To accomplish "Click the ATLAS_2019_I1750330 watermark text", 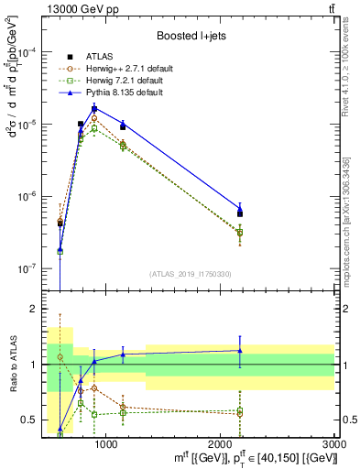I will (x=191, y=274).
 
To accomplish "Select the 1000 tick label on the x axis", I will (x=106, y=444).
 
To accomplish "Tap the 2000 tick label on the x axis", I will (x=221, y=444).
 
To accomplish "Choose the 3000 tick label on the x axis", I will (x=333, y=444).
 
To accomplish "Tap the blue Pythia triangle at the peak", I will (x=94, y=107).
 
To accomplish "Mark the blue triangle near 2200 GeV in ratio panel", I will (x=240, y=350).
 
